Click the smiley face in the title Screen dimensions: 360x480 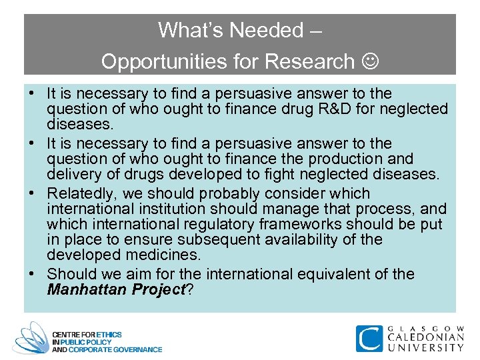coord(369,62)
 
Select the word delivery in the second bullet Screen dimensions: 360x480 coord(73,175)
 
